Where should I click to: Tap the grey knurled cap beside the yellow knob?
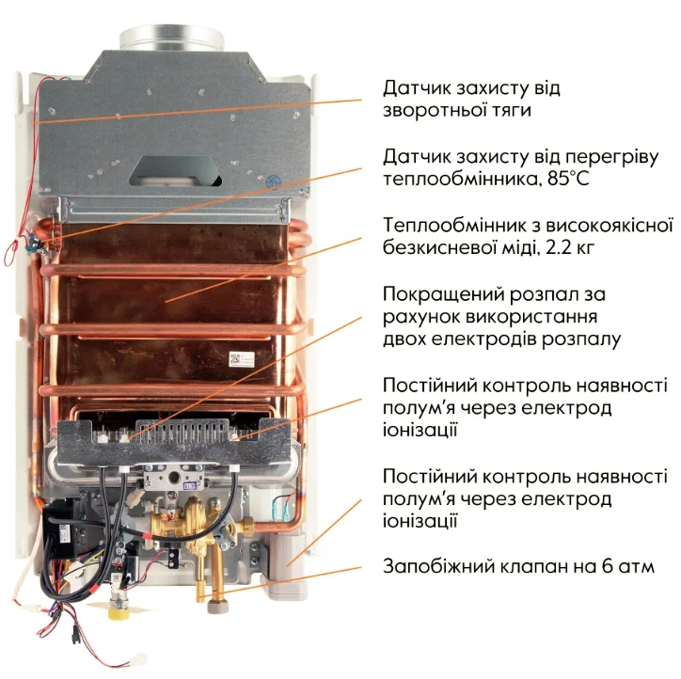click(x=217, y=606)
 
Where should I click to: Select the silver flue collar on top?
click(x=171, y=39)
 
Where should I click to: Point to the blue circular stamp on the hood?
click(x=273, y=182)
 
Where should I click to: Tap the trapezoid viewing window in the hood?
click(x=175, y=170)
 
